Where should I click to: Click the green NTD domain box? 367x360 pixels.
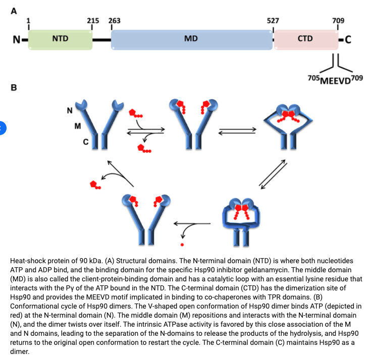pyautogui.click(x=61, y=38)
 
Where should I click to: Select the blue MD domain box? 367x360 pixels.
pyautogui.click(x=191, y=38)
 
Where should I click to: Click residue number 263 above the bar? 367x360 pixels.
pyautogui.click(x=114, y=21)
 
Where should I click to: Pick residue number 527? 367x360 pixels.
pyautogui.click(x=273, y=21)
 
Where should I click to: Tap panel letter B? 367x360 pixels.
pyautogui.click(x=14, y=88)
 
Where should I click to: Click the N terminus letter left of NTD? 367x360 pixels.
pyautogui.click(x=17, y=39)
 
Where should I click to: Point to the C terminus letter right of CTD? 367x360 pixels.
pyautogui.click(x=349, y=39)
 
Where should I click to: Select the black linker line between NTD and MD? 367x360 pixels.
pyautogui.click(x=101, y=39)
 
